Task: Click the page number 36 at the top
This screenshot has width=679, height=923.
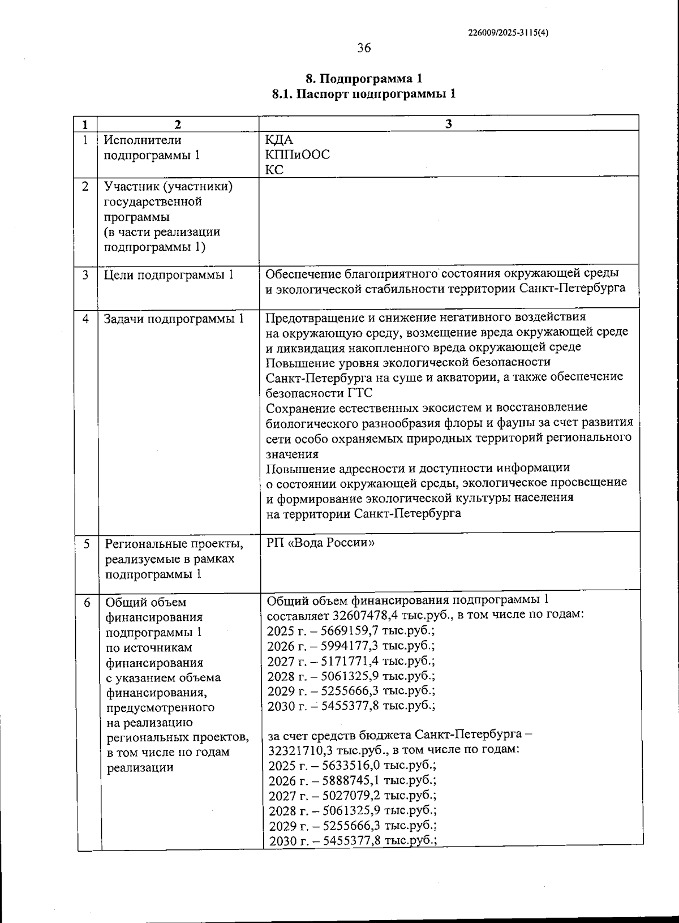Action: pos(364,48)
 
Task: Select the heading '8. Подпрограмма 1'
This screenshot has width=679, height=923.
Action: pos(364,79)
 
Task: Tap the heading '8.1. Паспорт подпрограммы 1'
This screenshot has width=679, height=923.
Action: pos(364,94)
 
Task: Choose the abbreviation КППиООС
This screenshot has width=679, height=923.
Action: pos(298,154)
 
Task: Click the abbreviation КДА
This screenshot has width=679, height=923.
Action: pos(280,139)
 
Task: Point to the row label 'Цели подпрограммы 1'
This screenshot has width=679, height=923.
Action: pos(169,275)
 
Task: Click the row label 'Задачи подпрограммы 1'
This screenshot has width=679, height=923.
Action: pos(174,319)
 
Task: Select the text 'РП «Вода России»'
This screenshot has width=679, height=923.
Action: pos(320,543)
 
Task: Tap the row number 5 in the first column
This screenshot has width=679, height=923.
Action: pos(87,544)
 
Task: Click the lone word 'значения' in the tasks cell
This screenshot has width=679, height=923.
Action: pos(292,454)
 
